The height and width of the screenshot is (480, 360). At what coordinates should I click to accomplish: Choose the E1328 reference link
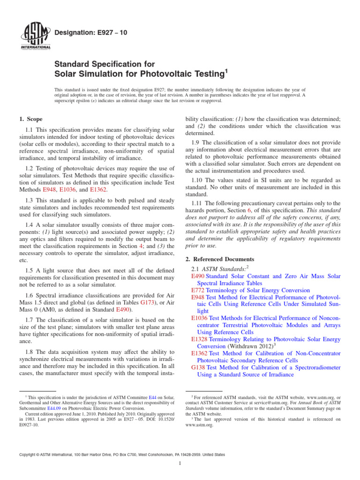tap(200, 339)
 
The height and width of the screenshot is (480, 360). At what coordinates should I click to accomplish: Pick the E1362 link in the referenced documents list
tap(200, 353)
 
